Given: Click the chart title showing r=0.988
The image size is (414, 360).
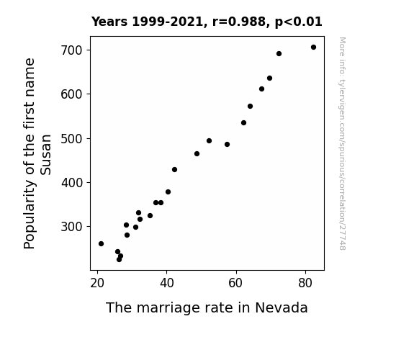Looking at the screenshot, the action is pyautogui.click(x=207, y=22).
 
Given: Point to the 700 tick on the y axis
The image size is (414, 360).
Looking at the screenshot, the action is pyautogui.click(x=72, y=50).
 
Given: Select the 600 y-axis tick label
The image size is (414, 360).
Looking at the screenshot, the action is pyautogui.click(x=72, y=94).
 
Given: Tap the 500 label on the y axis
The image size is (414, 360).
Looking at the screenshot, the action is pyautogui.click(x=72, y=139).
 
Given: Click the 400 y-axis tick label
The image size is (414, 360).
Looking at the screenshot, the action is pyautogui.click(x=72, y=182).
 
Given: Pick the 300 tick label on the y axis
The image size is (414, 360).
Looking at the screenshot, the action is pyautogui.click(x=72, y=227).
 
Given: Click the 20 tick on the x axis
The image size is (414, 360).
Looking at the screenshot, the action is pyautogui.click(x=97, y=283).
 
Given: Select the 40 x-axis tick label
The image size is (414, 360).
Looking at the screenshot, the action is pyautogui.click(x=166, y=283).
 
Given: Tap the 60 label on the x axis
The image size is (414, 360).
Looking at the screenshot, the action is pyautogui.click(x=235, y=283).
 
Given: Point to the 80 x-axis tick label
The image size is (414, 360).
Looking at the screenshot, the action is pyautogui.click(x=305, y=283).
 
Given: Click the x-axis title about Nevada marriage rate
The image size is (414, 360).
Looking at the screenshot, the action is pyautogui.click(x=207, y=307).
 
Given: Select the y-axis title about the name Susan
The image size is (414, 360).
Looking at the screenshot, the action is pyautogui.click(x=37, y=153).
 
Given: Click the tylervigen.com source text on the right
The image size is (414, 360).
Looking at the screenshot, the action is pyautogui.click(x=342, y=143).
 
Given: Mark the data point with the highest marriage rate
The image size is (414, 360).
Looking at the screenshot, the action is pyautogui.click(x=313, y=48).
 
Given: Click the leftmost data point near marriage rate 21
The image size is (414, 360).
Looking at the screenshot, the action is pyautogui.click(x=101, y=244).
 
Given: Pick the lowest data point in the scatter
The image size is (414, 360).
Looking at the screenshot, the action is pyautogui.click(x=119, y=260).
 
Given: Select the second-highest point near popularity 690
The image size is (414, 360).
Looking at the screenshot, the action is pyautogui.click(x=279, y=53).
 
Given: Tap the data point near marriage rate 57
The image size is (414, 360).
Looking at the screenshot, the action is pyautogui.click(x=227, y=145).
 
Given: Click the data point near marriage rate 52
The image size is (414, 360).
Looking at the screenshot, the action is pyautogui.click(x=209, y=141).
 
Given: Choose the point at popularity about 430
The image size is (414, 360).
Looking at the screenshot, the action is pyautogui.click(x=174, y=170).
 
